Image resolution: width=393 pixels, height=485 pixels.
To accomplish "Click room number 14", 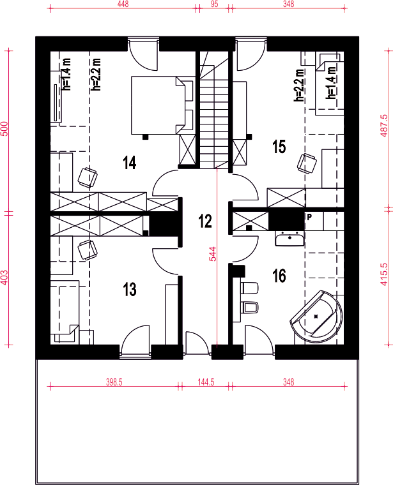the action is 130,163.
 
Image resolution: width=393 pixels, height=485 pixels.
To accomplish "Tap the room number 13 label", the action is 130,290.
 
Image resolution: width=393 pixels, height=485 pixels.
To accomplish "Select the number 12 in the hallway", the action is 205,221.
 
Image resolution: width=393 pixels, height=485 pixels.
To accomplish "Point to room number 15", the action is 279,147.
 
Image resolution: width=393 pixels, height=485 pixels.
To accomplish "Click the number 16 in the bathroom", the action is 279,276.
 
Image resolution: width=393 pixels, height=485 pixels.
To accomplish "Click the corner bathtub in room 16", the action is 316,317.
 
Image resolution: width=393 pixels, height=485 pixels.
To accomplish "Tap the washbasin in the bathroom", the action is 289,239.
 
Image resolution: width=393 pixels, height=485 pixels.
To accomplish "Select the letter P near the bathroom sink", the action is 309,217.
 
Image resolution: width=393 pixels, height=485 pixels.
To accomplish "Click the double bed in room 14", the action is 162,105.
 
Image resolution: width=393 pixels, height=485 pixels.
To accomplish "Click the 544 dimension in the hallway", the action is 213,254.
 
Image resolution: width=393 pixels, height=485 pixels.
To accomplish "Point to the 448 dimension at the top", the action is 123,4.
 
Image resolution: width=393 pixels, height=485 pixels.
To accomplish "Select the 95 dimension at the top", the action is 214,4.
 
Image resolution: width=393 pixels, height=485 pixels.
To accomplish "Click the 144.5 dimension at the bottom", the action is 206,382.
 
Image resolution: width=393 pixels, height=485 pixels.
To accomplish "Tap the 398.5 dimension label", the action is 114,382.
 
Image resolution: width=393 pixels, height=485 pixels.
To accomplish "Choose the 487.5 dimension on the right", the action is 383,126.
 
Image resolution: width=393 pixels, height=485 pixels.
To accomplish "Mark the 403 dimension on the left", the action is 4,278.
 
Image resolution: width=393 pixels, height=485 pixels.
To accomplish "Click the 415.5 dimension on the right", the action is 383,274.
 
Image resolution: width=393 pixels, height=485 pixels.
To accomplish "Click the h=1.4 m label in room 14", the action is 66,74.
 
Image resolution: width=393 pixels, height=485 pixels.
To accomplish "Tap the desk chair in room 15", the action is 307,163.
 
